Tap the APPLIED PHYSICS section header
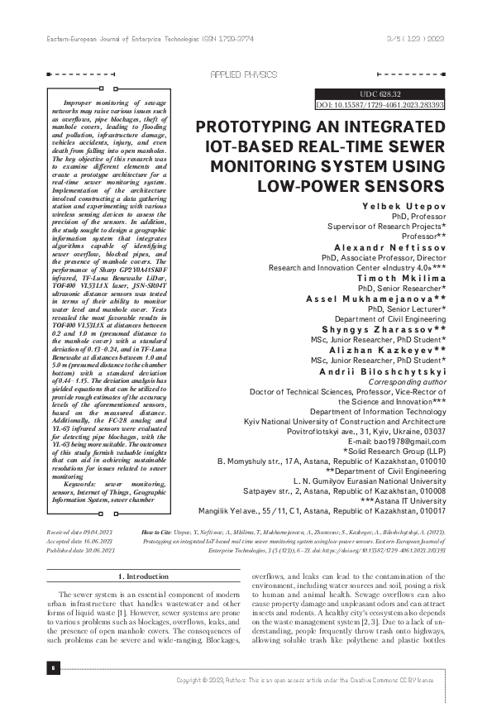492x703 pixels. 245,74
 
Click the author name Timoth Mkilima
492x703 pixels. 404,279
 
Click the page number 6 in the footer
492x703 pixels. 52,665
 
